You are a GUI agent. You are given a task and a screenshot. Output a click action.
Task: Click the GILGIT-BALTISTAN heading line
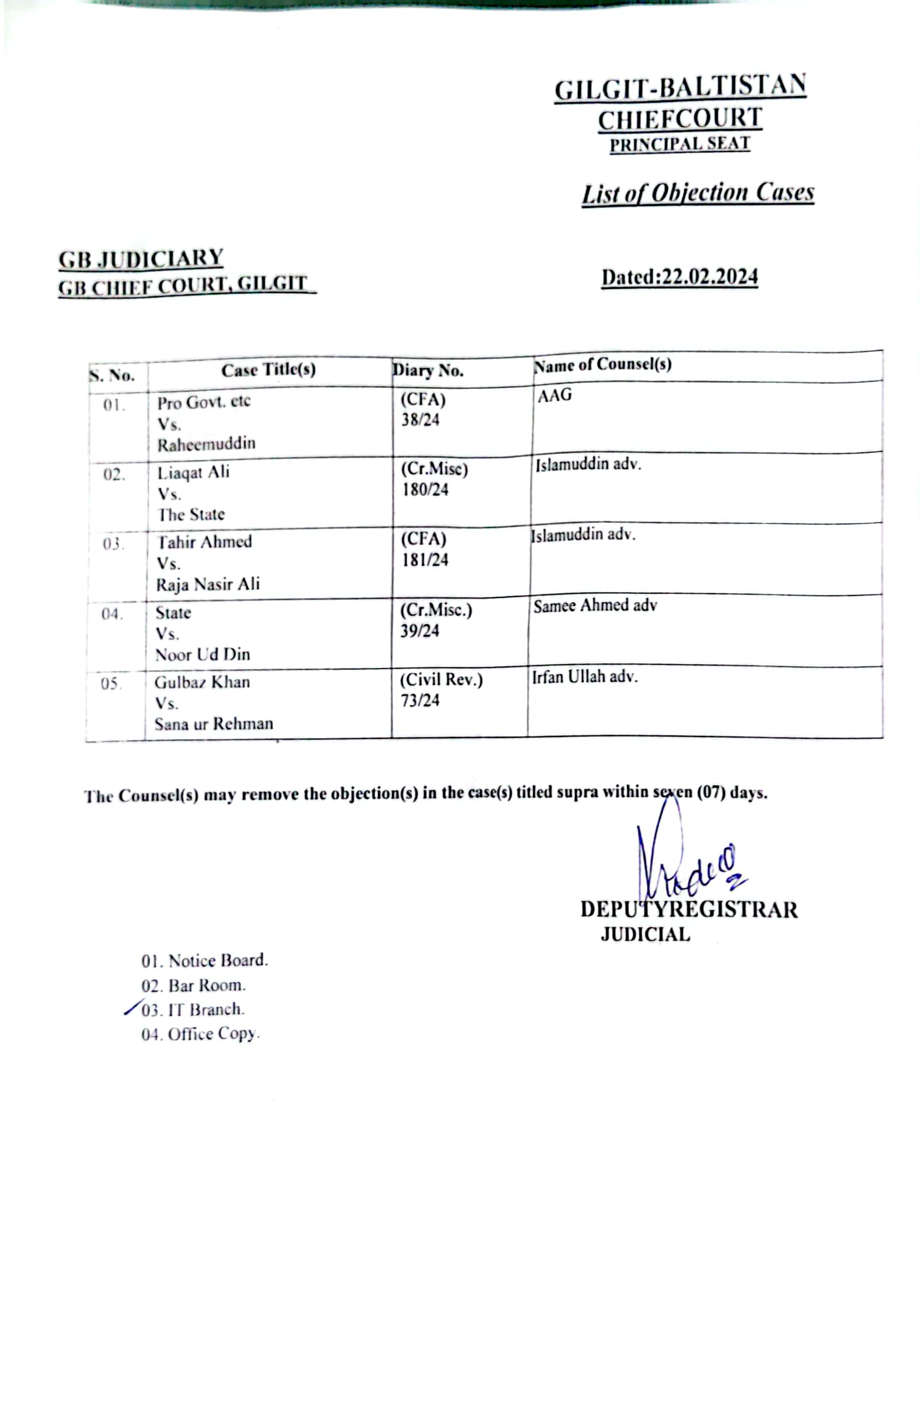tap(679, 88)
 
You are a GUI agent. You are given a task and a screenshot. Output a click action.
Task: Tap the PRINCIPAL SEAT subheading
tap(679, 144)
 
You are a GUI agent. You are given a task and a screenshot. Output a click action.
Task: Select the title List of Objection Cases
tap(697, 193)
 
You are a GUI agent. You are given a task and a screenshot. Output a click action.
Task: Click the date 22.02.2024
tap(710, 277)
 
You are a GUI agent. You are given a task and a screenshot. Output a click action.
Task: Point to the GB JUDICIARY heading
tap(141, 258)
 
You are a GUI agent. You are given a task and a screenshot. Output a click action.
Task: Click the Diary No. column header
tap(428, 370)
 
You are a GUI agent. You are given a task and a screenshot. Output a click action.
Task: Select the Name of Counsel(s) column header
tap(603, 364)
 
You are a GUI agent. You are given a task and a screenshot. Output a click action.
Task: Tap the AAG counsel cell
tap(554, 395)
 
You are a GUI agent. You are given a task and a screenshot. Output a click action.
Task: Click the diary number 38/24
tap(420, 420)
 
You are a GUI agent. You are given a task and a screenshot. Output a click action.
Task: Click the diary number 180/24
tap(425, 490)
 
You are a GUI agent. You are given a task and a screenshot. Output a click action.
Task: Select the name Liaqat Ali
tap(193, 472)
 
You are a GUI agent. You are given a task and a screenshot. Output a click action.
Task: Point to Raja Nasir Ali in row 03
tap(207, 584)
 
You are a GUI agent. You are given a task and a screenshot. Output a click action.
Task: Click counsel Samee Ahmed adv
tap(595, 605)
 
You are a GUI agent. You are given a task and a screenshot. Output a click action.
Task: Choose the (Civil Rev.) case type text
tap(441, 680)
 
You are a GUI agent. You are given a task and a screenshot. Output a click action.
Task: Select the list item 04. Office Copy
tap(200, 1034)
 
